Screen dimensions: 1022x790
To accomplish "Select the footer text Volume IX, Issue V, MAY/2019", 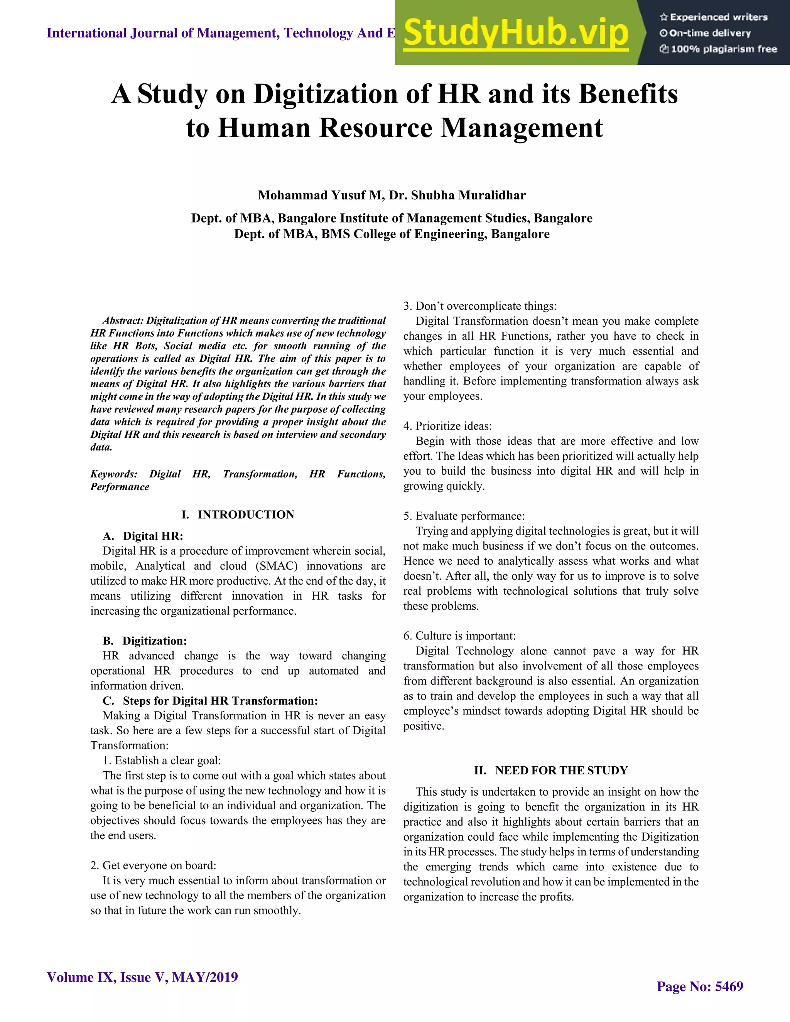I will [x=142, y=977].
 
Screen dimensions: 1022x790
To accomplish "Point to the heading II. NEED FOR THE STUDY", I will [x=551, y=771].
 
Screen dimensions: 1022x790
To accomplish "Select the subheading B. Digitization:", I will [x=145, y=641].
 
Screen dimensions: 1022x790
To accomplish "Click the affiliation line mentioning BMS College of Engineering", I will [x=392, y=234].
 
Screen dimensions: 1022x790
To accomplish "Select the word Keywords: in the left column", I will [x=114, y=474].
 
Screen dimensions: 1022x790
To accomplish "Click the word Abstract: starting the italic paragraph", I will [x=123, y=320].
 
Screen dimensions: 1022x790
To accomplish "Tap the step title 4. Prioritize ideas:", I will [x=447, y=426].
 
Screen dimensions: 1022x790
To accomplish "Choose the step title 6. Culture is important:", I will [x=459, y=636].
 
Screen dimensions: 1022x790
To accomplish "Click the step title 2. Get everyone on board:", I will [x=153, y=865].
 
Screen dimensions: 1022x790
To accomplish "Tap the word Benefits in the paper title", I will [x=628, y=94].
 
